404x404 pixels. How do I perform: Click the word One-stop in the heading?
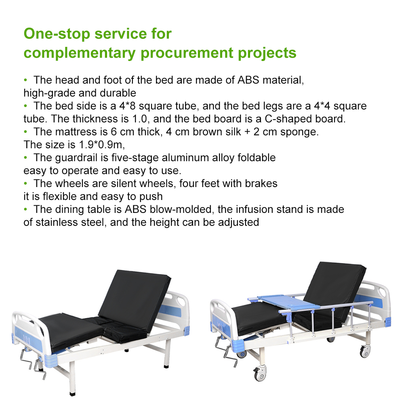click(x=57, y=34)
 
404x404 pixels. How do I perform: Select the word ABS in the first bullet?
click(x=248, y=80)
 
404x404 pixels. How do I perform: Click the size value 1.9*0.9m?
click(x=102, y=145)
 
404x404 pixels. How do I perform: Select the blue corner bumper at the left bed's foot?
click(x=50, y=360)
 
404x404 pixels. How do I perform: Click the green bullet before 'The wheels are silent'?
click(x=25, y=183)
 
